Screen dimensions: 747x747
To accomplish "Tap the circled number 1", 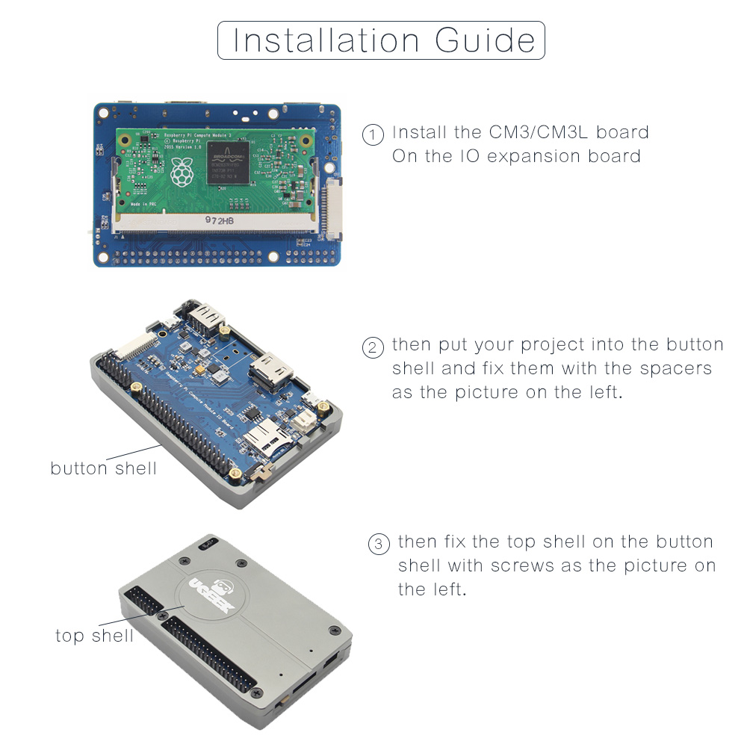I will [371, 135].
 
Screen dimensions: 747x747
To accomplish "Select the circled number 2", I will [371, 347].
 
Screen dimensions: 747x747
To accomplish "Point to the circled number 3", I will [379, 544].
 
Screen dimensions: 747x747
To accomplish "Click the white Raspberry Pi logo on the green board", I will [180, 173].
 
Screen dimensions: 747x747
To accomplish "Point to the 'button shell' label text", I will [104, 468].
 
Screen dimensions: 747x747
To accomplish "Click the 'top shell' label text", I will [94, 635].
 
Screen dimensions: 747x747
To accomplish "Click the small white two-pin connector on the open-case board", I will [305, 422].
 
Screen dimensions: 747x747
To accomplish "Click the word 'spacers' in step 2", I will [676, 368].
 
